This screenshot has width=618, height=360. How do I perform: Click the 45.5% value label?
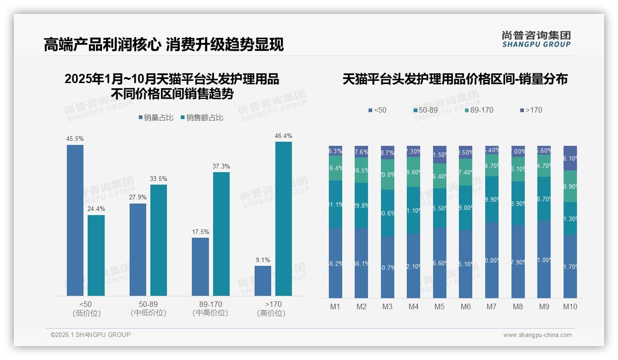(x=75, y=138)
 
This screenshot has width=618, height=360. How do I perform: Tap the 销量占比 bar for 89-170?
(x=200, y=266)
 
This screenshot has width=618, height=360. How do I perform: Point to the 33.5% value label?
(x=159, y=179)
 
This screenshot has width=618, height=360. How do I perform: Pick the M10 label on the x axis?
(x=570, y=306)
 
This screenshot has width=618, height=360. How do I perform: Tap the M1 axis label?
(x=335, y=306)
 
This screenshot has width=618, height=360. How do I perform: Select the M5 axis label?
(x=440, y=306)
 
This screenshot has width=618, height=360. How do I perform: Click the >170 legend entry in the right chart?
(x=531, y=110)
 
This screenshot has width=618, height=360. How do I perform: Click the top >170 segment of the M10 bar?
(x=570, y=158)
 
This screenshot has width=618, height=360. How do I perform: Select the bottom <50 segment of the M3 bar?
(x=387, y=267)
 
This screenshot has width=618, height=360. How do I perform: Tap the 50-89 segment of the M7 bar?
(x=492, y=199)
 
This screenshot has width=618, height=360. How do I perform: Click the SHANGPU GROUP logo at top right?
(x=536, y=39)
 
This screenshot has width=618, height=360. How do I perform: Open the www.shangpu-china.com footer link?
(x=537, y=335)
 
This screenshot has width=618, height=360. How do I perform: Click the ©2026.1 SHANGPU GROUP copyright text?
(x=90, y=335)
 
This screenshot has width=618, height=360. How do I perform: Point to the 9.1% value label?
(x=263, y=260)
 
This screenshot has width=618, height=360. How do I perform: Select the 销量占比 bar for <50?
(x=75, y=220)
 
